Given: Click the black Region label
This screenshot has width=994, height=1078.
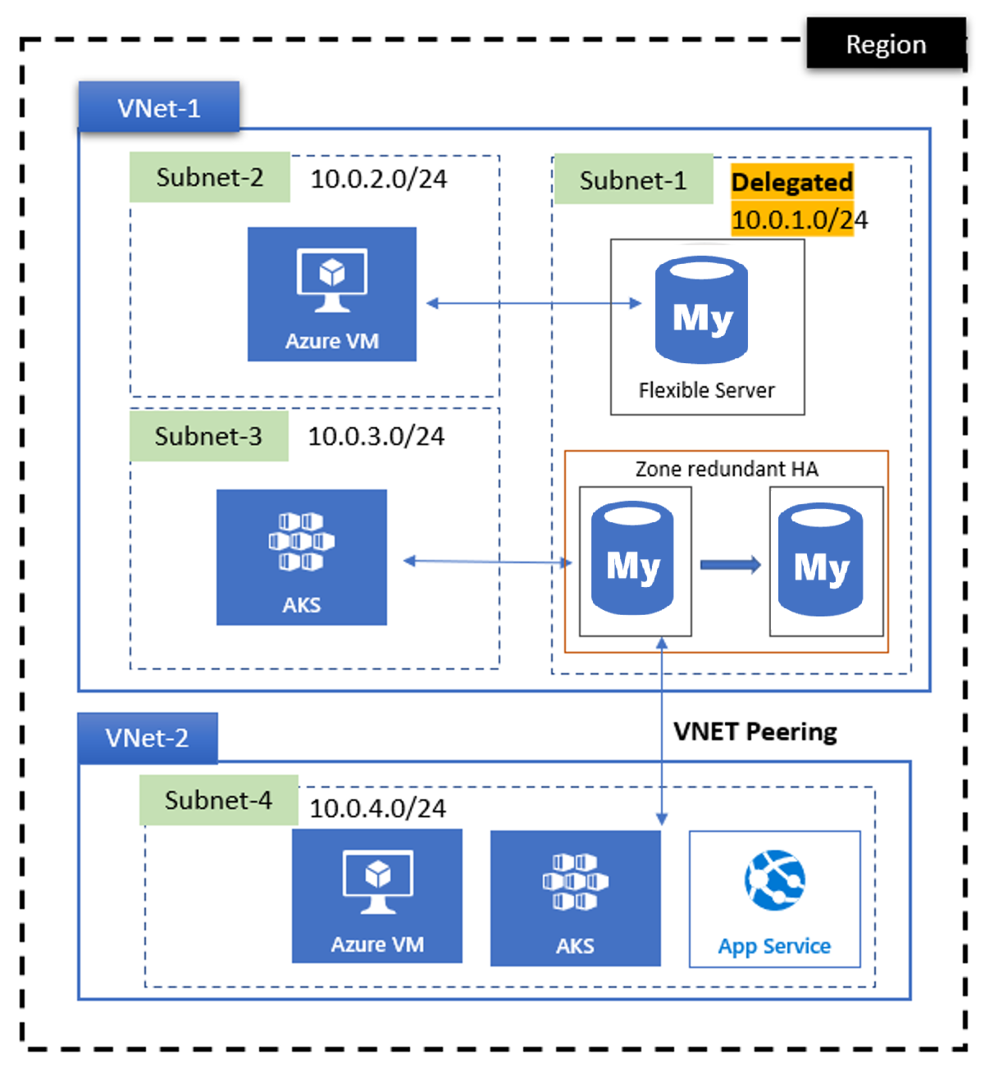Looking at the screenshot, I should pos(886,44).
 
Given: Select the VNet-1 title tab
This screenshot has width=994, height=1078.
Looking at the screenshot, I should pos(159,107).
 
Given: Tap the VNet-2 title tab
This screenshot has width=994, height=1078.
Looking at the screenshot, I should pos(148,738).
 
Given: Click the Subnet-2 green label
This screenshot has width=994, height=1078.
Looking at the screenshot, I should pos(210,177).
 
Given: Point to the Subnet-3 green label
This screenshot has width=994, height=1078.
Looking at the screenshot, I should pos(208,436).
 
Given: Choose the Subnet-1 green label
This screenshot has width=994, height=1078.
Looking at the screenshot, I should pos(632,180).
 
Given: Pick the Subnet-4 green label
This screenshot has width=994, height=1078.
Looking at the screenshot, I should pos(218,800).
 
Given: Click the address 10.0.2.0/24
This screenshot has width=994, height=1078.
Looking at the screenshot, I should pos(378,179).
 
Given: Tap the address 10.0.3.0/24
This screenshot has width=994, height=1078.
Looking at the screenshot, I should pos(376,436).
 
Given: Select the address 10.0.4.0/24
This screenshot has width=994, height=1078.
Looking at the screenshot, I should pos(377,808).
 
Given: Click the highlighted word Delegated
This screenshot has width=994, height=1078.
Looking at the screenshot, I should pos(791,182).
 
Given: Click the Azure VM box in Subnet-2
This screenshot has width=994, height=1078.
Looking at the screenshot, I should pos(332,294).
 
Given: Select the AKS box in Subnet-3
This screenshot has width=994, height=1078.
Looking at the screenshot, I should pos(302,557).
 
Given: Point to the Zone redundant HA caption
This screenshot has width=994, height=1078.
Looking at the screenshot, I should pos(727,469).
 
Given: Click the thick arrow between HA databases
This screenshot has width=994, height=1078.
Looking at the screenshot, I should pos(730,565).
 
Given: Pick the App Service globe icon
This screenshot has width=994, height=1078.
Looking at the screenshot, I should pos(774,880).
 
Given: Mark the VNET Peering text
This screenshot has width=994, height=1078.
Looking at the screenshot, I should pos(755,731).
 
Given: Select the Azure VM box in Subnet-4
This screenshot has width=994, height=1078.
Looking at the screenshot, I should pos(377,896).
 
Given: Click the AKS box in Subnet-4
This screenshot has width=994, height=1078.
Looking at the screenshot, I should pos(575,898).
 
